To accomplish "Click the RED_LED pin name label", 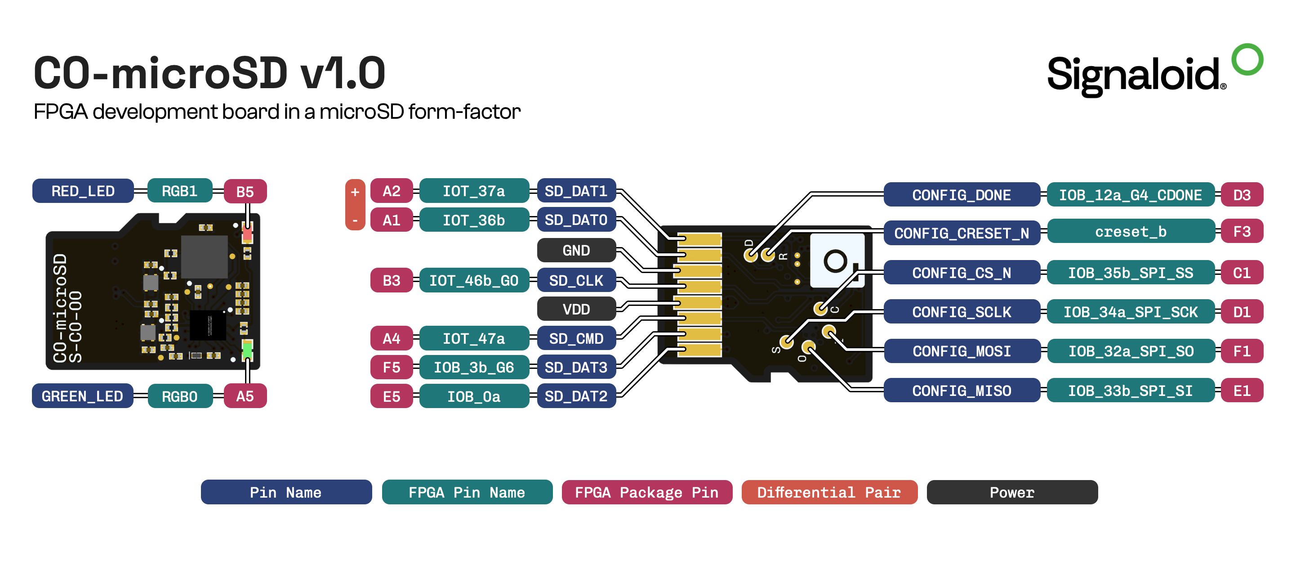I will pos(83,191).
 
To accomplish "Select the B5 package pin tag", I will pos(245,192).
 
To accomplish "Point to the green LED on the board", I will pos(247,350).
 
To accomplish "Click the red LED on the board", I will pos(247,233).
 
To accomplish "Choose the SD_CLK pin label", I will pos(576,280).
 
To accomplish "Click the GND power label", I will pos(576,250).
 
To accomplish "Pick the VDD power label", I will pos(576,309).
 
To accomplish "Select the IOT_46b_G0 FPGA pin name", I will pos(474,280).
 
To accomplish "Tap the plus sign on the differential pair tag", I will pos(355,192).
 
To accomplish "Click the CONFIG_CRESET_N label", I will pos(962,233).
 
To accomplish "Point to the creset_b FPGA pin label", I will pos(1131,232).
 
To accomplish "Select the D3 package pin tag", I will pos(1242,195).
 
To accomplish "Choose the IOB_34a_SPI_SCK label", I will pos(1131,312).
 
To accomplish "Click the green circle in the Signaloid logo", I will pos(1247,59).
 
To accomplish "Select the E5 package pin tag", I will pos(392,396).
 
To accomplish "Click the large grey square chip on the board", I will pos(204,257).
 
